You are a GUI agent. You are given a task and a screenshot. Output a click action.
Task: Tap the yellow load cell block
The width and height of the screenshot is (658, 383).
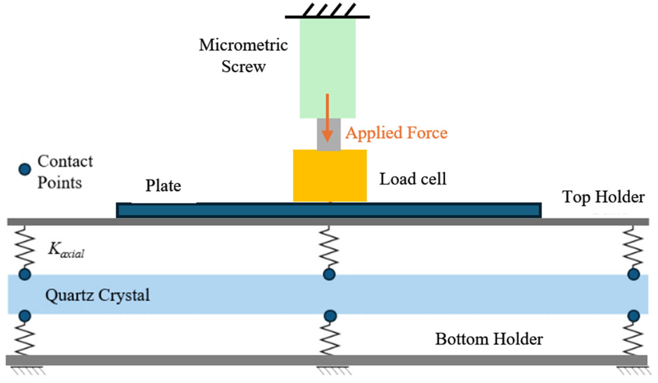click(x=330, y=175)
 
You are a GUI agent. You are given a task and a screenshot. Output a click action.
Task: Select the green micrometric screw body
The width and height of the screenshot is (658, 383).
click(x=327, y=62)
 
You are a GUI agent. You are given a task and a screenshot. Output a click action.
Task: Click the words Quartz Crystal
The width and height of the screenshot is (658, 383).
click(x=97, y=295)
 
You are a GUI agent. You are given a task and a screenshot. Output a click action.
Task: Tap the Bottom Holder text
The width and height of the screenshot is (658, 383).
click(x=489, y=339)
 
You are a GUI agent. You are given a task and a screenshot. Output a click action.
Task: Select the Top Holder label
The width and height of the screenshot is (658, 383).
click(x=603, y=197)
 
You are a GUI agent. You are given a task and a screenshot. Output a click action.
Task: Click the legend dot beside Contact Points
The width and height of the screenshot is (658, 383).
click(x=25, y=169)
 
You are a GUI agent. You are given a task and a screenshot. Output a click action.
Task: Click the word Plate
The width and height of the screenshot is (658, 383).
click(x=163, y=186)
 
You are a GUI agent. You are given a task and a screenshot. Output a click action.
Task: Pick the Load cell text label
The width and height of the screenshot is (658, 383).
click(x=413, y=179)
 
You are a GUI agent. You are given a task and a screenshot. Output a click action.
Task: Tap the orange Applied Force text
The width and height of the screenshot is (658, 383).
click(x=396, y=133)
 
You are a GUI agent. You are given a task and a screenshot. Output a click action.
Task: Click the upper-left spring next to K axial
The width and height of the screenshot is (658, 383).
click(x=25, y=247)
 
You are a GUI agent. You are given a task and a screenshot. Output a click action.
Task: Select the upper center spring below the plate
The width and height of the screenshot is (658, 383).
click(x=329, y=247)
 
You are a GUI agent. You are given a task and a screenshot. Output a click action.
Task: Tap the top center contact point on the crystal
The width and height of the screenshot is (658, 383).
click(x=329, y=274)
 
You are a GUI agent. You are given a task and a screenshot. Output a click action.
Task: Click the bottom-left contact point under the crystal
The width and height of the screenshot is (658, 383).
click(x=25, y=316)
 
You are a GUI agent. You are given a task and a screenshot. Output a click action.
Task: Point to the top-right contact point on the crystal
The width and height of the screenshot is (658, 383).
click(x=634, y=274)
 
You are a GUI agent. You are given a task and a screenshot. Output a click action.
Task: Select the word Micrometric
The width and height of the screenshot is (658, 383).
click(x=243, y=45)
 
